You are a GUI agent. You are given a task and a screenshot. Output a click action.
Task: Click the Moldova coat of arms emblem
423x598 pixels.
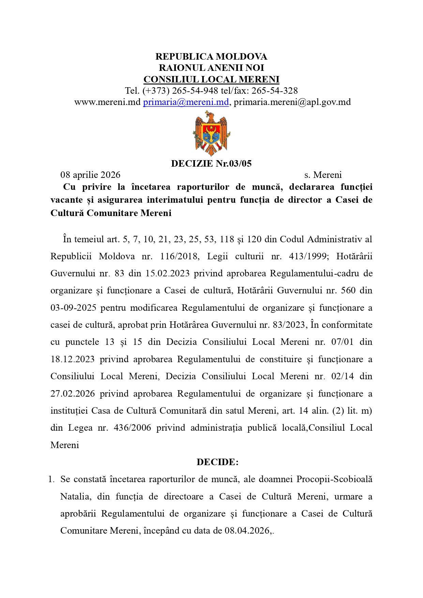(x=211, y=133)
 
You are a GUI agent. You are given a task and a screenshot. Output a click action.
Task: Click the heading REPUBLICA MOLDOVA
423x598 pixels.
(x=211, y=56)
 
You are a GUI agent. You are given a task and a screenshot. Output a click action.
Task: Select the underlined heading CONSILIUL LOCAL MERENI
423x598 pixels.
(x=211, y=79)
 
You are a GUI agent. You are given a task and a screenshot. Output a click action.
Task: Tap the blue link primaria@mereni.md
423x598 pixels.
(x=186, y=102)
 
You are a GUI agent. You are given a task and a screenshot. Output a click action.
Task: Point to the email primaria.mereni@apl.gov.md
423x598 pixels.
(x=292, y=102)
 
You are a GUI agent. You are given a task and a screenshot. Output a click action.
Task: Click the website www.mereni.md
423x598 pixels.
(x=107, y=102)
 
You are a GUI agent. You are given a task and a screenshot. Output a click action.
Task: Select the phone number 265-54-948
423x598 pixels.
(x=195, y=91)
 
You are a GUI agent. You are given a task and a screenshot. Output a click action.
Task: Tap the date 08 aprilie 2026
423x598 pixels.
(x=90, y=175)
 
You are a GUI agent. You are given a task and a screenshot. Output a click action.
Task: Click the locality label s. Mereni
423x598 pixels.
(x=323, y=175)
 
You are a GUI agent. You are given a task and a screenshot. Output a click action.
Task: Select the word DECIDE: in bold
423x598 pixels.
(x=217, y=462)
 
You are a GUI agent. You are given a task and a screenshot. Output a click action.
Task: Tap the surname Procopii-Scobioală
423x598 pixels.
(x=334, y=479)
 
